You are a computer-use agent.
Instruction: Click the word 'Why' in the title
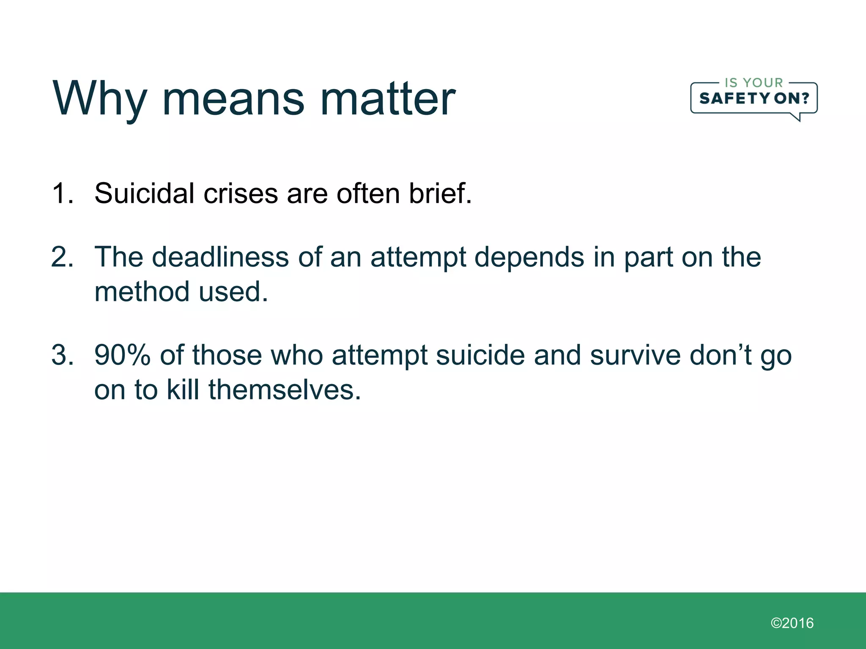(x=100, y=99)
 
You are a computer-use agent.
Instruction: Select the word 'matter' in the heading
(x=388, y=99)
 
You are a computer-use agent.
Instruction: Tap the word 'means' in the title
(x=233, y=99)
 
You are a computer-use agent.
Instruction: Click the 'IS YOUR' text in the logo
(x=754, y=83)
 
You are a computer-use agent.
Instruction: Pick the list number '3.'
(x=63, y=355)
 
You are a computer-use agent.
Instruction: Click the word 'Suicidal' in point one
(x=144, y=194)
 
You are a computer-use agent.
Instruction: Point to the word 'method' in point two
(x=142, y=292)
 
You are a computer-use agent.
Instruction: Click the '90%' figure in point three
(x=122, y=355)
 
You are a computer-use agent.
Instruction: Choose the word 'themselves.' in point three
(x=285, y=390)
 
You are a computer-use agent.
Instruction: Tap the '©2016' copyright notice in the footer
(x=792, y=623)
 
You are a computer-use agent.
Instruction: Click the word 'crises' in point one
(x=240, y=194)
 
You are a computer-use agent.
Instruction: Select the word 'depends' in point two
(x=529, y=258)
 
